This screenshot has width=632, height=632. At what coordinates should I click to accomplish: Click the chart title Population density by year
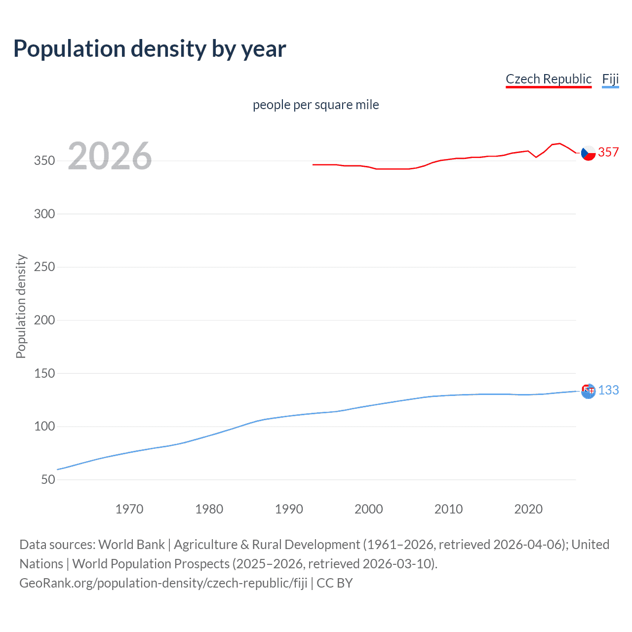pos(150,49)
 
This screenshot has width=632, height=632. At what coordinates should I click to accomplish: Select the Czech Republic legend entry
pos(548,79)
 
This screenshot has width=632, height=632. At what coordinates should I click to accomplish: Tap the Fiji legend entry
pos(610,79)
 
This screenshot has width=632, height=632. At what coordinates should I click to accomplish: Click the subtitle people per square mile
pos(316,105)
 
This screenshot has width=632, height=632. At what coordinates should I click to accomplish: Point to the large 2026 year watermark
pos(110,156)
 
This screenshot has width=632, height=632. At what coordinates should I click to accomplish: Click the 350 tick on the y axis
pos(44,160)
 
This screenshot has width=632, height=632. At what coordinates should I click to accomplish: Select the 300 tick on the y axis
pos(44,214)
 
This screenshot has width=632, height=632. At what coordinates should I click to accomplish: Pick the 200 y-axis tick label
pos(44,320)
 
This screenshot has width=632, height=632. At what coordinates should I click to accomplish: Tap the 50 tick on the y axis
pos(48,479)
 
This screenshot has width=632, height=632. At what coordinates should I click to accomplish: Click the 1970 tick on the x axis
pos(129,509)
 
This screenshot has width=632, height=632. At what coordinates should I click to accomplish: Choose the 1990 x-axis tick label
pos(289,509)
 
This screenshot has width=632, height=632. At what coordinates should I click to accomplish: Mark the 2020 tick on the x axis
pos(528,509)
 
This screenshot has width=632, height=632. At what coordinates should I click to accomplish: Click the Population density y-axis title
pos(21,306)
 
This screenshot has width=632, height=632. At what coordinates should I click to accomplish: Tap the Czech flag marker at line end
pos(588,154)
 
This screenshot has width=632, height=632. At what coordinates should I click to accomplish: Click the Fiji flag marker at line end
pos(588,392)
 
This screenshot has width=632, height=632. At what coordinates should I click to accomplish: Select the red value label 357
pos(608,152)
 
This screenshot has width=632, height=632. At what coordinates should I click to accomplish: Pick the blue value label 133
pos(608,390)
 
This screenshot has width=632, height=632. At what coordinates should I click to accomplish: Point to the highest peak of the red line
pos(559,143)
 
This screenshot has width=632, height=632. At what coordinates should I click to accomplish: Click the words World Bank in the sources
pos(131,544)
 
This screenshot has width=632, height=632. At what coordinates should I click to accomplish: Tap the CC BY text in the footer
pos(335,583)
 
